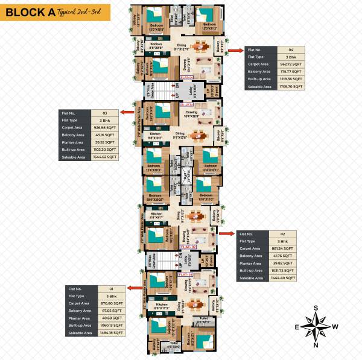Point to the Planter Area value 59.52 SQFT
tap(104, 142)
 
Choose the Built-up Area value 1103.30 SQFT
tap(104, 150)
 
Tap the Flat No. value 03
tap(104, 112)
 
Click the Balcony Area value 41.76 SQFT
tap(281, 256)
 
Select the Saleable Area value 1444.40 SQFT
tap(281, 279)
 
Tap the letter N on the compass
tap(316, 346)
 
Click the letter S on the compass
tap(316, 308)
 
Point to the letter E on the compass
tap(297, 327)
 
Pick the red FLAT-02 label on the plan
tap(189, 247)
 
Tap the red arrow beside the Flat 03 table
tap(127, 112)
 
